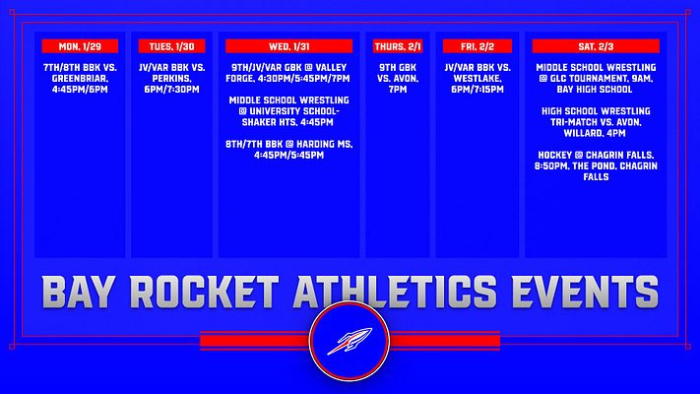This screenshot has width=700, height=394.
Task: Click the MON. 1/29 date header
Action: tap(80, 46)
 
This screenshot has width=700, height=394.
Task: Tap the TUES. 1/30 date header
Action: tap(172, 46)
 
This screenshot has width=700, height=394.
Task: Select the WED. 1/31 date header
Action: tap(289, 46)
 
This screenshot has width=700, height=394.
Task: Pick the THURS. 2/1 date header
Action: tap(399, 46)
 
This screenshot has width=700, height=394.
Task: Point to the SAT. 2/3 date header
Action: tap(596, 46)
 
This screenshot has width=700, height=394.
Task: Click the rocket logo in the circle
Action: tap(350, 343)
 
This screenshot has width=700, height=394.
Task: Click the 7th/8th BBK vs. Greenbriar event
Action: tap(80, 79)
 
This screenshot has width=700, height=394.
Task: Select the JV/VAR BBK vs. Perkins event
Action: tap(172, 79)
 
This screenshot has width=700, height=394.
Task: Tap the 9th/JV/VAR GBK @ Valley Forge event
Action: tap(289, 79)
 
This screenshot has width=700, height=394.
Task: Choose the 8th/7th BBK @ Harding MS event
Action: tap(289, 150)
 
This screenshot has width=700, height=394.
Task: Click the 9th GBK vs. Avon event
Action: tap(399, 79)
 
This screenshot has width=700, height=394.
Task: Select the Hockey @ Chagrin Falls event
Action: tap(596, 165)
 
